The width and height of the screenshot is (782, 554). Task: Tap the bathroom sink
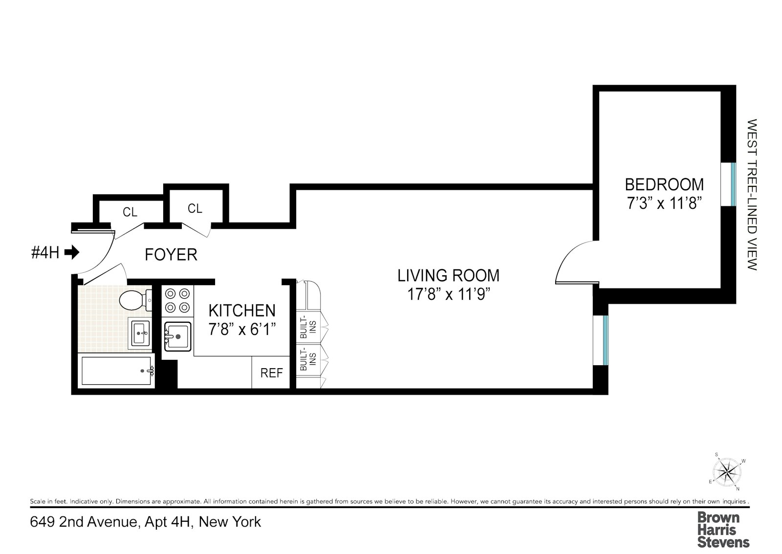(140, 333)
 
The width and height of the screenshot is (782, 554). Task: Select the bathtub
(117, 371)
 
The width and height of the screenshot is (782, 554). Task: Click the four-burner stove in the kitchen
(177, 300)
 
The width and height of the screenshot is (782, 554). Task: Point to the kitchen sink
(177, 336)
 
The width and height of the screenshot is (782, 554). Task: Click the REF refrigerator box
(271, 373)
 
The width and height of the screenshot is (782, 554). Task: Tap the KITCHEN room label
(242, 310)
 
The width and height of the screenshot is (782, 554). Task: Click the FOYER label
(171, 255)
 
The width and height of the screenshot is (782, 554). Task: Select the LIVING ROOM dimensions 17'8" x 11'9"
(448, 294)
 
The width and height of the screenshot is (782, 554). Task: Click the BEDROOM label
(664, 184)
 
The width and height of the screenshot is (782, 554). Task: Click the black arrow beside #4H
(72, 252)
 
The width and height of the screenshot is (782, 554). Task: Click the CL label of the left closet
(130, 212)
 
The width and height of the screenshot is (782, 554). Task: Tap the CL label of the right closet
(195, 209)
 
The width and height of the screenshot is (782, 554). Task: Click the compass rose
(727, 472)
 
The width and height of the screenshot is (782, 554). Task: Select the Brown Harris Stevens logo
(723, 530)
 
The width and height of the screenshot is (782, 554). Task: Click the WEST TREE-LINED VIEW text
(752, 195)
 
